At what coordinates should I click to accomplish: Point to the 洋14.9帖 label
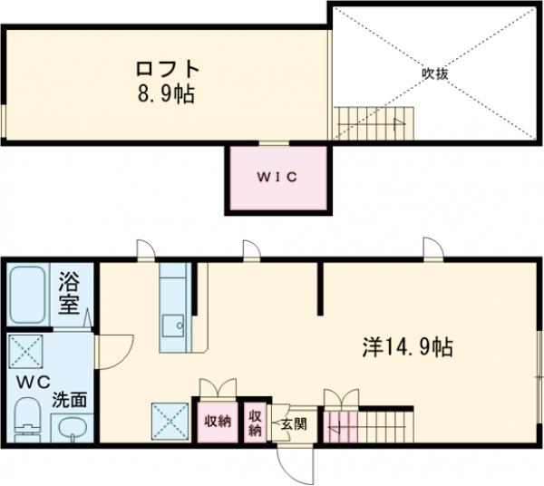point(408,345)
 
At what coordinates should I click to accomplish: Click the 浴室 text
point(70,293)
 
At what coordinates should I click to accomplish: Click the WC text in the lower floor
point(30,380)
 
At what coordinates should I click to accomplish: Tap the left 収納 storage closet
point(217,421)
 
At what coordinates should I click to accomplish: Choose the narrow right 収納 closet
point(256,423)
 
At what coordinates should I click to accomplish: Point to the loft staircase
point(373,121)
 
